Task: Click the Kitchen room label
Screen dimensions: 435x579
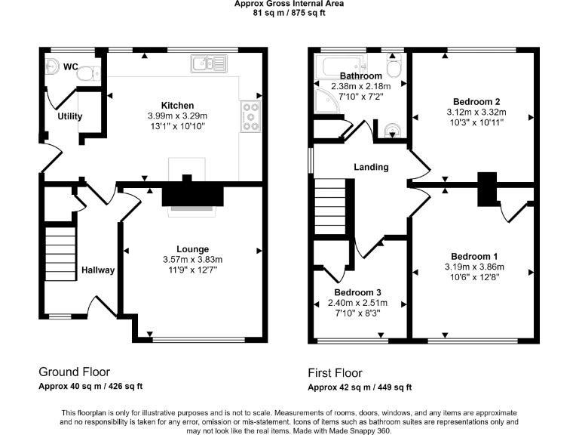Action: coord(177,105)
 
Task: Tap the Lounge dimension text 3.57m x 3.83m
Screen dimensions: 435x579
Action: coord(193,260)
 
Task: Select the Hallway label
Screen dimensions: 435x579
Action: coord(98,270)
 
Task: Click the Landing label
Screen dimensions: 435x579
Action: coord(372,167)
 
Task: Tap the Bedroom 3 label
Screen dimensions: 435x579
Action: coord(358,292)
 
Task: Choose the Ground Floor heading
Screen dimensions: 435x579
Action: coord(74,372)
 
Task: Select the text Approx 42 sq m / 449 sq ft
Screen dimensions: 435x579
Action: coord(360,387)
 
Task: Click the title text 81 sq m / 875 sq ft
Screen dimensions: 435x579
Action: coord(289,12)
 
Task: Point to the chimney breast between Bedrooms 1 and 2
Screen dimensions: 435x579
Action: coord(488,188)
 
